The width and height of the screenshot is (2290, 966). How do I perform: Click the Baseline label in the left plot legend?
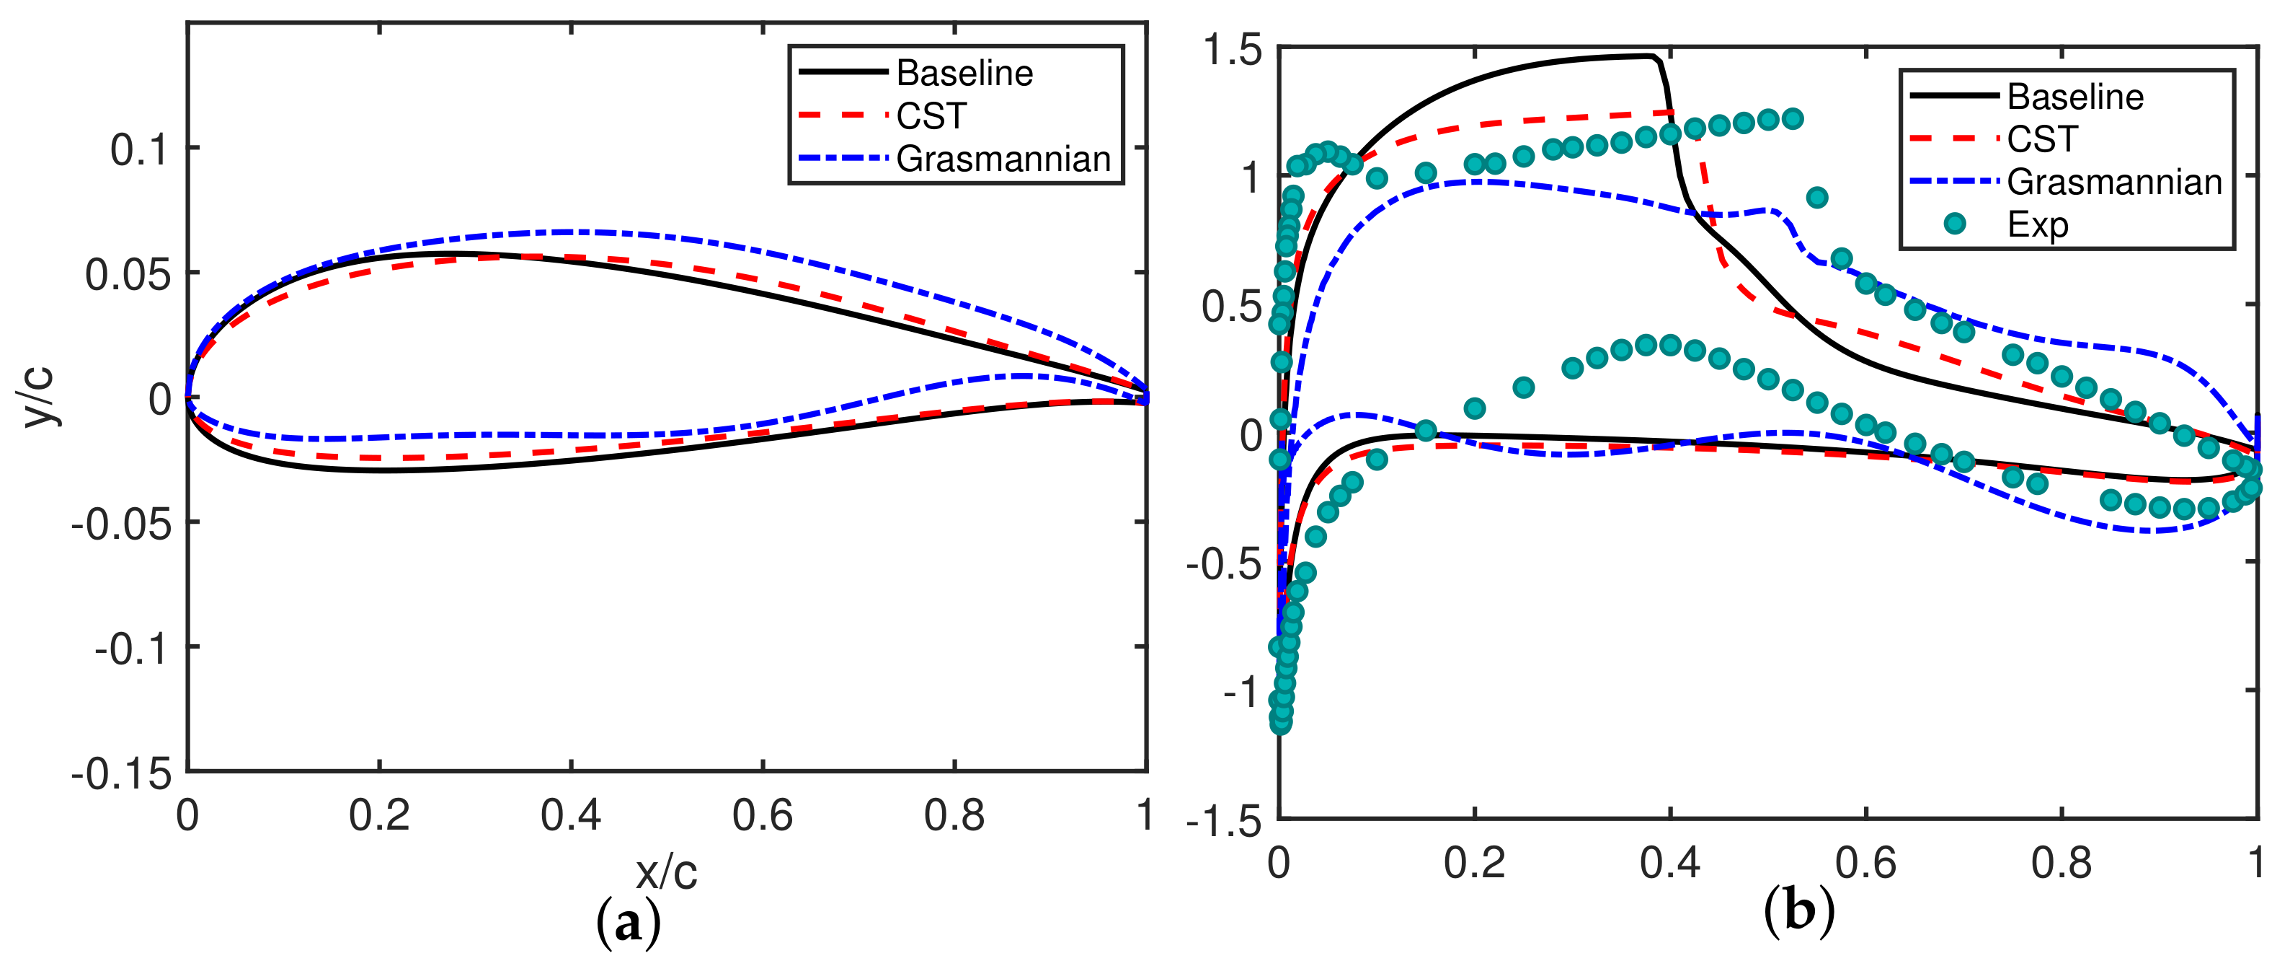(964, 73)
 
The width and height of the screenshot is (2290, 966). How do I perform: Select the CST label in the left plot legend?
(930, 115)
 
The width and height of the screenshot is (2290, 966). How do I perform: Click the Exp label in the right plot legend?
(2038, 225)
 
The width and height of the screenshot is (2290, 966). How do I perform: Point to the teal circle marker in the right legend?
(1954, 223)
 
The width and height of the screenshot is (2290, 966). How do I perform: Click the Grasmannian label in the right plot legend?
(2114, 182)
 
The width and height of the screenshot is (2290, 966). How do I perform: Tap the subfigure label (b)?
(1798, 912)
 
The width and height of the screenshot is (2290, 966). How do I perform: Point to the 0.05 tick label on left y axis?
(127, 274)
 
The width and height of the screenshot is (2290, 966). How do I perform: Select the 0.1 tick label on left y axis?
(138, 149)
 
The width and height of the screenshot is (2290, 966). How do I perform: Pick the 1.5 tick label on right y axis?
(1232, 50)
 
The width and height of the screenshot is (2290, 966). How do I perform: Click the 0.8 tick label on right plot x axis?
(2061, 862)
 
